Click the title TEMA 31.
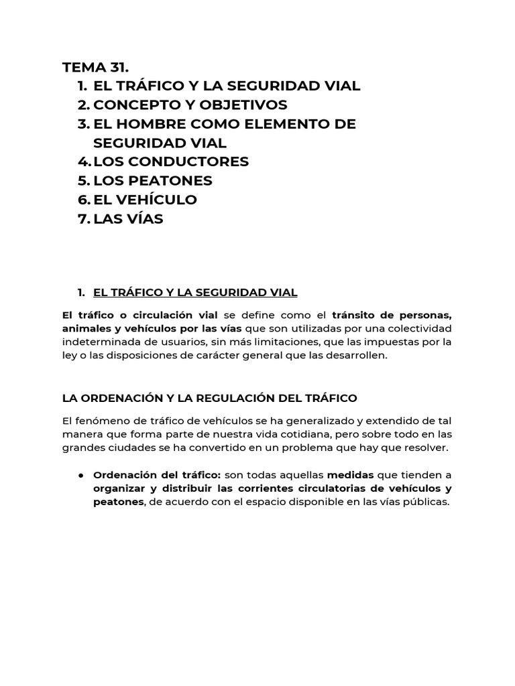[95, 67]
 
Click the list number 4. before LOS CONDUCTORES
[84, 161]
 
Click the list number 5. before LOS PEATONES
[84, 181]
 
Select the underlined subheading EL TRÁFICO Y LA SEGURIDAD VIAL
[195, 292]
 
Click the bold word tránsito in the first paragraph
[355, 315]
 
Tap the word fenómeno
[98, 420]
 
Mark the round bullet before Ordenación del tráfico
[80, 475]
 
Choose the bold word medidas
[350, 474]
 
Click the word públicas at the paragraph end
[425, 502]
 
